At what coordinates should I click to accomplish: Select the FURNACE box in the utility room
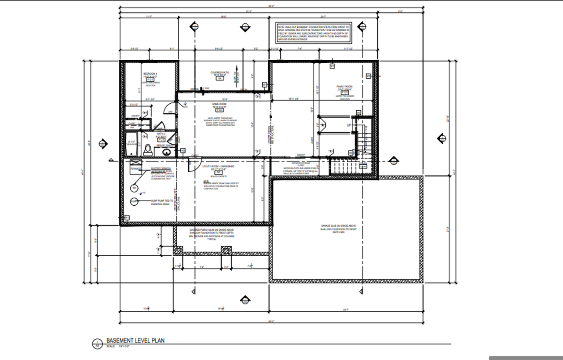click(x=135, y=168)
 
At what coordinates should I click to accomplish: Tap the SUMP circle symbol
click(x=134, y=202)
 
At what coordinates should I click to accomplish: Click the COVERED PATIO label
click(x=219, y=73)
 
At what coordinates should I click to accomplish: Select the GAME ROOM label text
click(x=219, y=104)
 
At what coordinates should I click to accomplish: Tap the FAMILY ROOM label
click(x=344, y=87)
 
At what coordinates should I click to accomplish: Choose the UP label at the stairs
click(x=349, y=125)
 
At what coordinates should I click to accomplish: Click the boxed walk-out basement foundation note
click(x=313, y=33)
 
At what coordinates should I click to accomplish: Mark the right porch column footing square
click(x=226, y=251)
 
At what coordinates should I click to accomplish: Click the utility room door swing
click(x=193, y=164)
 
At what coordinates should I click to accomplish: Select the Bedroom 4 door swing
click(x=169, y=108)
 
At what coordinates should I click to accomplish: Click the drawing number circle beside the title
click(x=98, y=344)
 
